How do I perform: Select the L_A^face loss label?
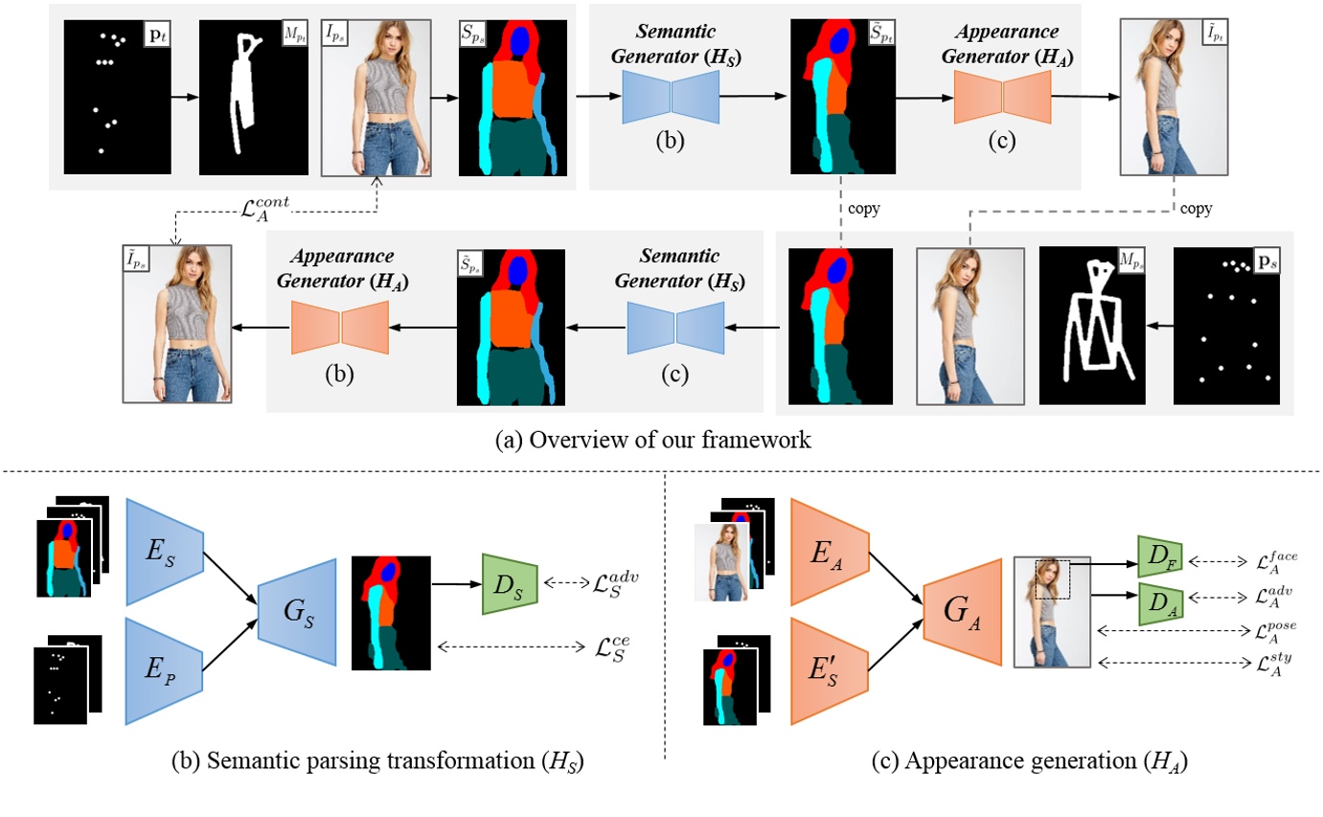tap(1279, 561)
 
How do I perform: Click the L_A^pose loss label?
tap(1279, 632)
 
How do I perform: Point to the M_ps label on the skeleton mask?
tap(1132, 261)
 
